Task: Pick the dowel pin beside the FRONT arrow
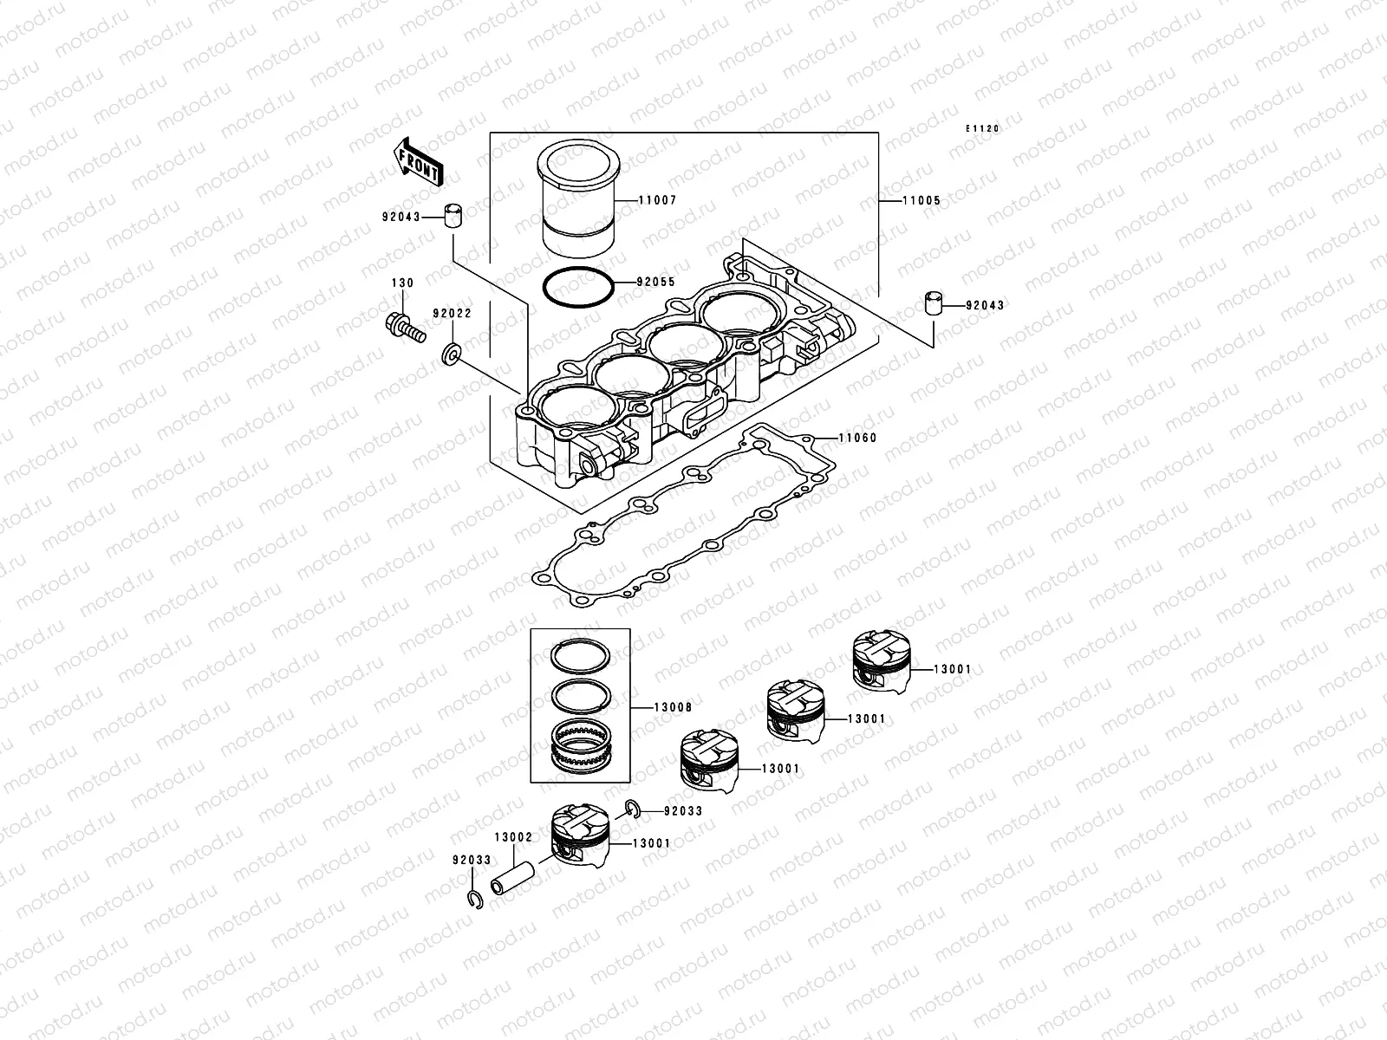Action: pyautogui.click(x=451, y=216)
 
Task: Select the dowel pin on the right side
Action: pyautogui.click(x=932, y=306)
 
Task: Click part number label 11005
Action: pyautogui.click(x=921, y=200)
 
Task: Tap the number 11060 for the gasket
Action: pyautogui.click(x=857, y=439)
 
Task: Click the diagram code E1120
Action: pyautogui.click(x=984, y=128)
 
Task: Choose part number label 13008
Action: pyautogui.click(x=673, y=708)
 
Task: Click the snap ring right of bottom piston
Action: pyautogui.click(x=634, y=809)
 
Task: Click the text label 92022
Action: pyautogui.click(x=452, y=314)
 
